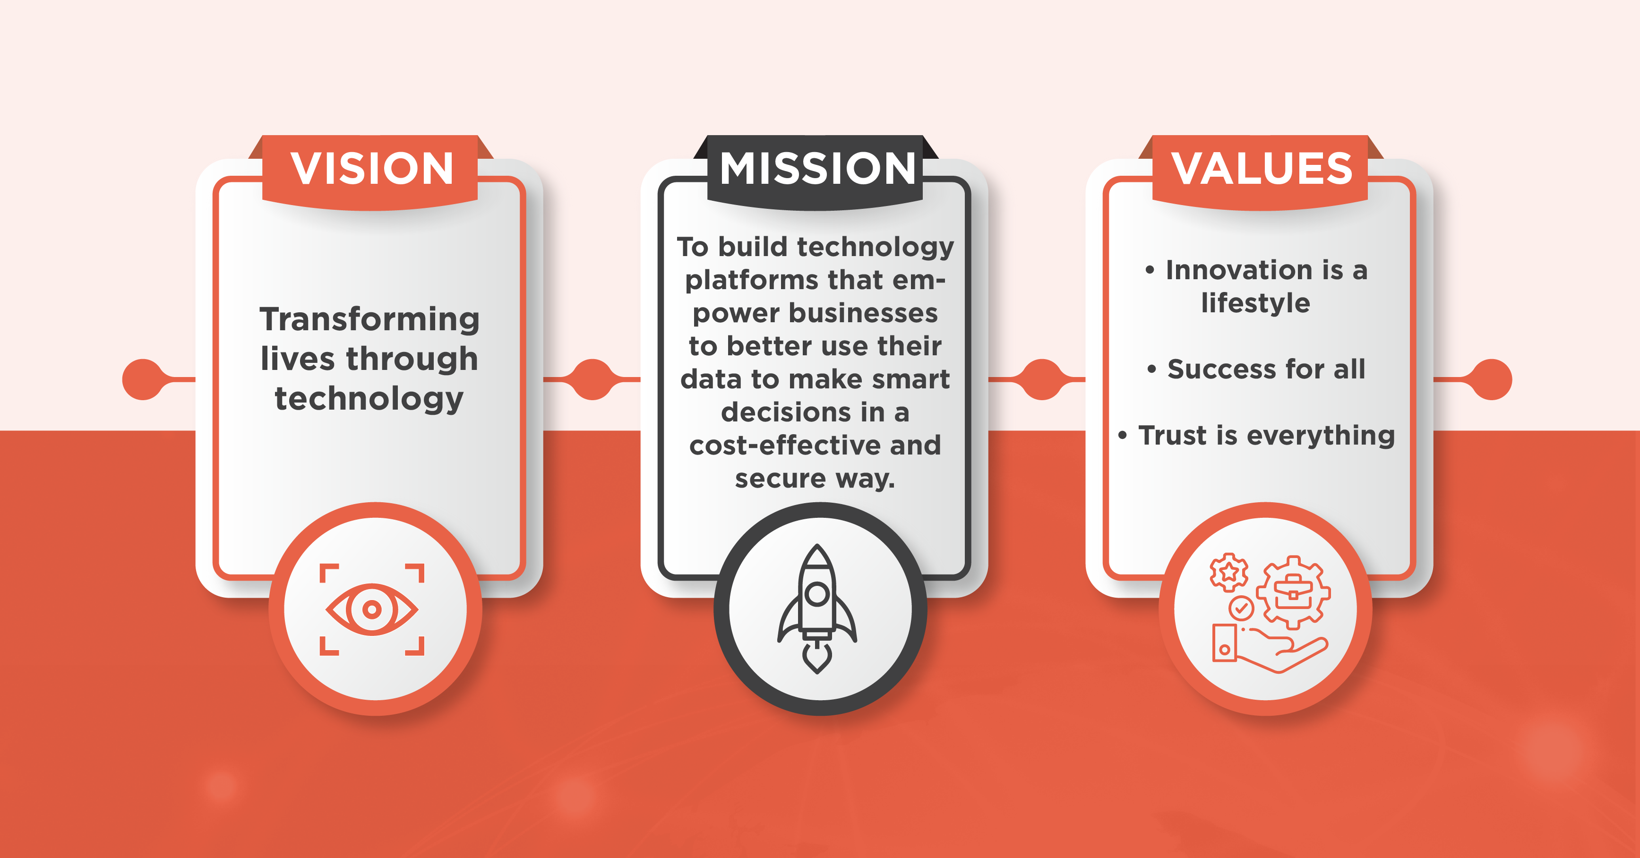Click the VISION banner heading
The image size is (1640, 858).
(x=372, y=169)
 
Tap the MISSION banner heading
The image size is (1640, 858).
(x=817, y=169)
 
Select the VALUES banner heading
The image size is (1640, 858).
(x=1262, y=169)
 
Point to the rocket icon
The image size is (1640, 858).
(x=817, y=608)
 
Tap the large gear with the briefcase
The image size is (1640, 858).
(x=1293, y=592)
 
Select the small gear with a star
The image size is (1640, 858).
(x=1229, y=572)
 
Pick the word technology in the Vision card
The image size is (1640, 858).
(x=369, y=400)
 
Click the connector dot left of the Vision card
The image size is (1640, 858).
(x=143, y=379)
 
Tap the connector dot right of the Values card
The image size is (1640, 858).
(x=1491, y=379)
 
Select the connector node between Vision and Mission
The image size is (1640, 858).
(x=592, y=379)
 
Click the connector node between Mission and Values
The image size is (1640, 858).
(x=1041, y=379)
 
